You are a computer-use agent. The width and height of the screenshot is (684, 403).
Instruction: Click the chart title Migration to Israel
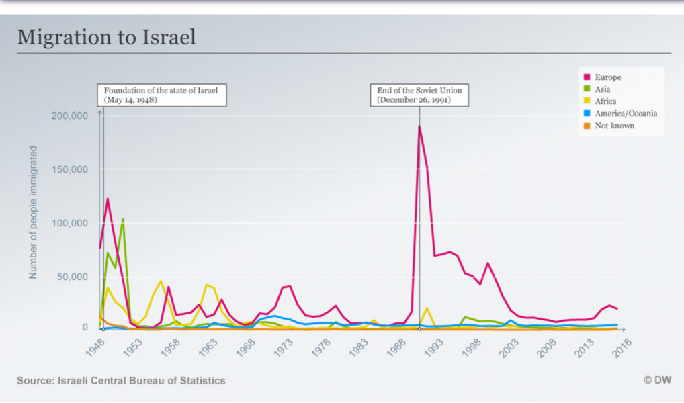(106, 37)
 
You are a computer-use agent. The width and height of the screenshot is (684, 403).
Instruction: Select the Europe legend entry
(607, 77)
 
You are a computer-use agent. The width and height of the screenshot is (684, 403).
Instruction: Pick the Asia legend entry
(602, 89)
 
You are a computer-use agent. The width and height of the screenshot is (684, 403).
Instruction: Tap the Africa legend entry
(605, 101)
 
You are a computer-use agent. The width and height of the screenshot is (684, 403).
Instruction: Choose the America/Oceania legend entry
(625, 114)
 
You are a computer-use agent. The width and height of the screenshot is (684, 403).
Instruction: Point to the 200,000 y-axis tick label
(70, 116)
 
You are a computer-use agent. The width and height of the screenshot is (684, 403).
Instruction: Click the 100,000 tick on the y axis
(70, 223)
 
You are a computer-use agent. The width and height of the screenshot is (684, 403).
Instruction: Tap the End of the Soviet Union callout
(420, 95)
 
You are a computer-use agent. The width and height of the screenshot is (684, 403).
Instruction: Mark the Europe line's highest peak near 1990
(419, 126)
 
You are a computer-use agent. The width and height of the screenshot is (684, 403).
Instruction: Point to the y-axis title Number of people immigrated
(33, 212)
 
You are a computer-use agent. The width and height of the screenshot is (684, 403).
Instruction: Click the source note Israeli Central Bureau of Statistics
(121, 381)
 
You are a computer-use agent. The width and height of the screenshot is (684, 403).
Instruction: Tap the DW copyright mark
(657, 380)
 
